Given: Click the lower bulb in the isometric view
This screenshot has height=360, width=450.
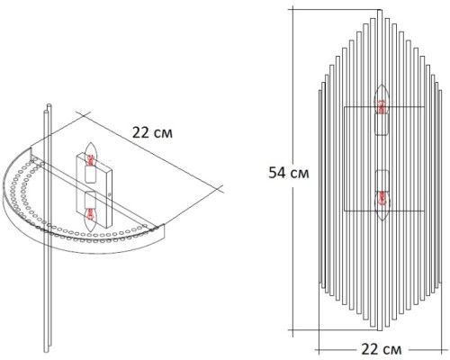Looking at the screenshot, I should pyautogui.click(x=90, y=214).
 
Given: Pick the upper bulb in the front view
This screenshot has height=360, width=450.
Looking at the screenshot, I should pyautogui.click(x=382, y=106).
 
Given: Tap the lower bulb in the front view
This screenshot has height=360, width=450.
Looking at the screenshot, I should pyautogui.click(x=382, y=196).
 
